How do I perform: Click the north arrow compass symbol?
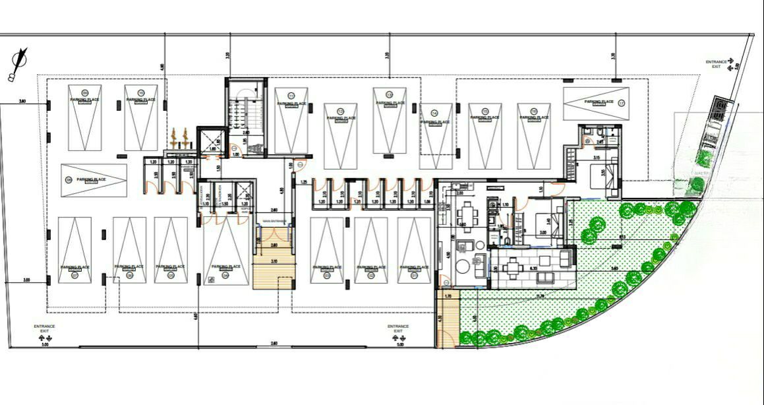click(18, 64)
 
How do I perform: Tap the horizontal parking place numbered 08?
click(93, 180)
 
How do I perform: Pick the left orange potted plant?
click(175, 138)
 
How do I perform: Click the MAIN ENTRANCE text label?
click(274, 221)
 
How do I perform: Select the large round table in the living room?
click(463, 267)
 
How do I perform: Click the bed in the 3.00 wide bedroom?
click(540, 224)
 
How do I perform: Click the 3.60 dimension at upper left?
click(22, 101)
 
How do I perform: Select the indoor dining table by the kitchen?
click(467, 214)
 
